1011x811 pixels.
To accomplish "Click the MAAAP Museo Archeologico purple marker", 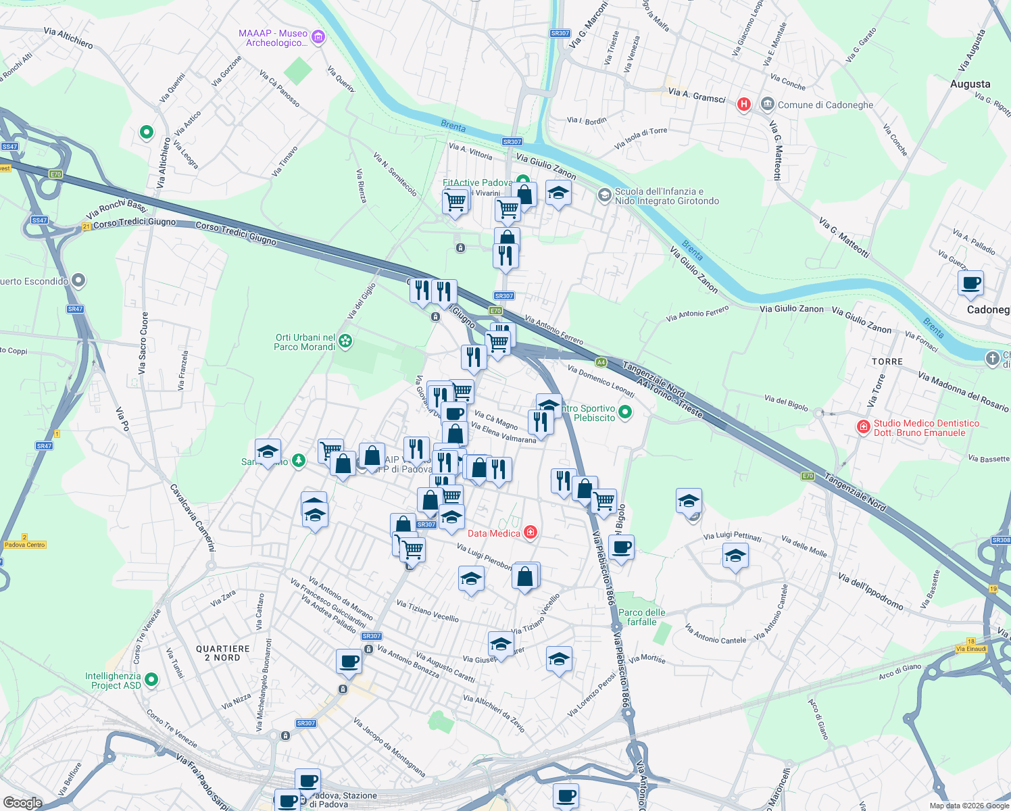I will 319,37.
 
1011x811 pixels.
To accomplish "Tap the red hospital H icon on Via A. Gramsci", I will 744,104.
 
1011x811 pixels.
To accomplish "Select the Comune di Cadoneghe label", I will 825,105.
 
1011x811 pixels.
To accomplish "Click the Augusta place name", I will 970,84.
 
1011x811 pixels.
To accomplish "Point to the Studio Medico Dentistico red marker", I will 863,426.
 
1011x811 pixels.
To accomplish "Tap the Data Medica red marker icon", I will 531,533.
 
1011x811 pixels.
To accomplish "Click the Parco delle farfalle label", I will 641,617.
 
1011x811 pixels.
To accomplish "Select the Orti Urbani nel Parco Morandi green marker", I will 345,341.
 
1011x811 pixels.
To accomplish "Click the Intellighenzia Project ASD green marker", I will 151,679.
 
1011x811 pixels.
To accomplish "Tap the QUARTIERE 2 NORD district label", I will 223,653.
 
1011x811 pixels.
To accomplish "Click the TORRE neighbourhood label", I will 887,362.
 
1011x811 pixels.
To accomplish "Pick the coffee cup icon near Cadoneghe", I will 970,284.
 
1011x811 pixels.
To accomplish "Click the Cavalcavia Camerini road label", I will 193,518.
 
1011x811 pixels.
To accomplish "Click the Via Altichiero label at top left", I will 68,37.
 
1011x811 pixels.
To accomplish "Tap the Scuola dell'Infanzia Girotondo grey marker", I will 604,196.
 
